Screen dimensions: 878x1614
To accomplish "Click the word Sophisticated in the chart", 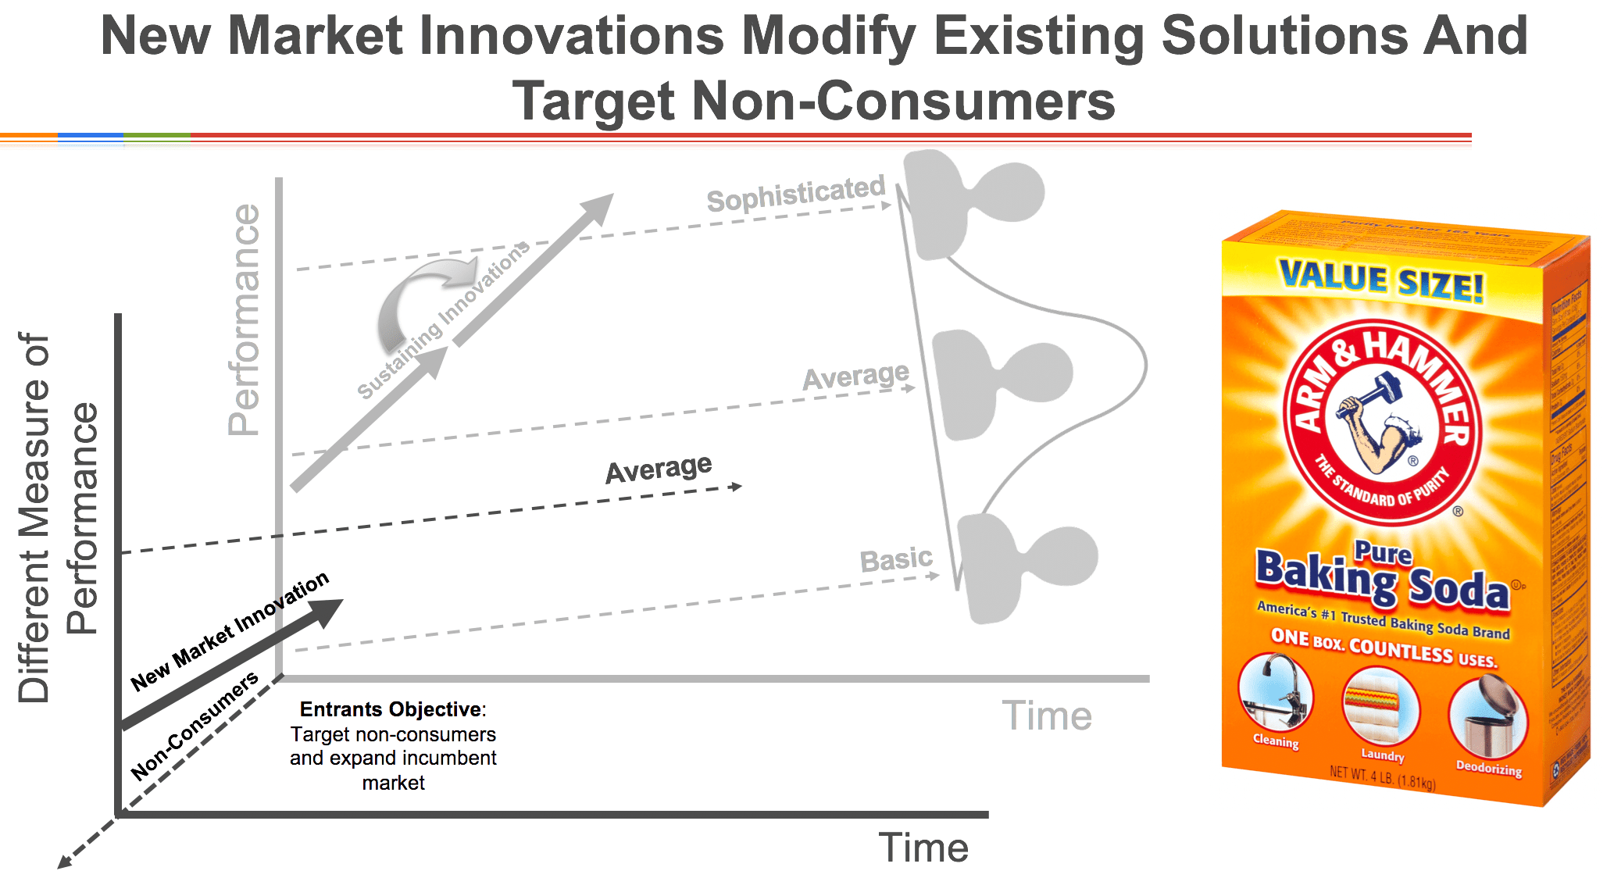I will tap(795, 193).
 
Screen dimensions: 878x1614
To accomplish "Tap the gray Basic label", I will tap(895, 559).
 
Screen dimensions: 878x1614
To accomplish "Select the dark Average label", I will tap(659, 469).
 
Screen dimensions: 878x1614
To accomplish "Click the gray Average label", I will tap(855, 377).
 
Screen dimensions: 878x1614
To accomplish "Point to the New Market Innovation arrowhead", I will tap(328, 612).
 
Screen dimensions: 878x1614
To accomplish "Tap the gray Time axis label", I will tap(1047, 716).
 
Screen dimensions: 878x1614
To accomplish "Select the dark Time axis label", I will tap(923, 848).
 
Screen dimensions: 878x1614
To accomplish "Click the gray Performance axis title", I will tap(244, 320).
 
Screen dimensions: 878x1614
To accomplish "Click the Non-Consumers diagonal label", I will tap(194, 726).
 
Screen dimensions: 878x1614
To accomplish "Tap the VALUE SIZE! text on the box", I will tap(1380, 281).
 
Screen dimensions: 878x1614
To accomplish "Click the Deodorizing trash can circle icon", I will tap(1487, 717).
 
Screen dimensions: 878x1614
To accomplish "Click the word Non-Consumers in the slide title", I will tap(812, 102).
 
